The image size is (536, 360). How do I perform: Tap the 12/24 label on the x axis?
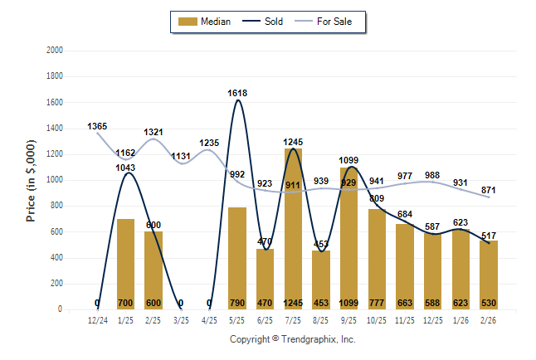click(x=97, y=319)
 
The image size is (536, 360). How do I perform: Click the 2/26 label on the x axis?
click(x=489, y=319)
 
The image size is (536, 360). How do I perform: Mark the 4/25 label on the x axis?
click(x=209, y=319)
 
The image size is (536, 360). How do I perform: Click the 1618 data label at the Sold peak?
click(x=237, y=93)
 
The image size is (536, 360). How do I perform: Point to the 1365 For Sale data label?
click(x=97, y=126)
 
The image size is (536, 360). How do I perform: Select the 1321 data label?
click(x=153, y=132)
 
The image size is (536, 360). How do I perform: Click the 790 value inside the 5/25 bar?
click(x=237, y=304)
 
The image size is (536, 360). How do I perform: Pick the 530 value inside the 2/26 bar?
click(x=489, y=304)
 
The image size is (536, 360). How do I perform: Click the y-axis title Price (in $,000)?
click(x=31, y=180)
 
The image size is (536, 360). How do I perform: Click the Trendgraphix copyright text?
click(x=292, y=339)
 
